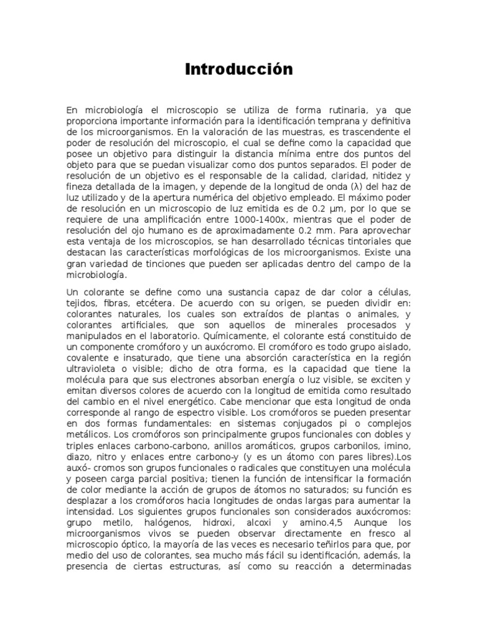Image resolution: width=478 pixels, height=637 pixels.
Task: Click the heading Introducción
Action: pyautogui.click(x=239, y=70)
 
